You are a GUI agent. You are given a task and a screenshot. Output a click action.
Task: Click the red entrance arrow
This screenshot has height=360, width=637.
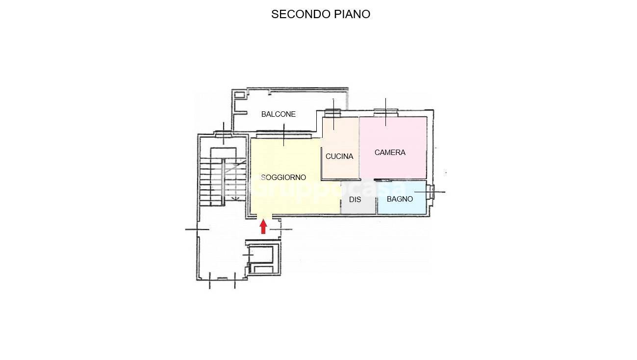[x=263, y=227]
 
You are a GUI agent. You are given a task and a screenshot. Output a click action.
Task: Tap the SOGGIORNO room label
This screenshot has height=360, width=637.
[x=283, y=178]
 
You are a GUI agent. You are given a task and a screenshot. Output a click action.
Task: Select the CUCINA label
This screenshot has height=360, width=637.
[x=339, y=156]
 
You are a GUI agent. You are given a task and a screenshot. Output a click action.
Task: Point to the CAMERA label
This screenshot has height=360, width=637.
[x=390, y=153]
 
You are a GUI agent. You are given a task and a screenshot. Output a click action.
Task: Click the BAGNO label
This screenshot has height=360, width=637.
[x=400, y=199]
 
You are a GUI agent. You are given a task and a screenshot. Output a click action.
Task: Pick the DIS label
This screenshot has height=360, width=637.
[x=355, y=200]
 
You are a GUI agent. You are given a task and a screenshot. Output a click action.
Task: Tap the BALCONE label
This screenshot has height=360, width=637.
[x=279, y=114]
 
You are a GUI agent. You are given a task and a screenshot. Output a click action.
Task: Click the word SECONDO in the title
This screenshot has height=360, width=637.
[x=301, y=14]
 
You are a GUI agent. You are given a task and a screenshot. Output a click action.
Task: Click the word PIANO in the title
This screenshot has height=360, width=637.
[x=352, y=14]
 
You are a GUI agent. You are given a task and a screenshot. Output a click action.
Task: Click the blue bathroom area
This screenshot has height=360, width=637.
[x=402, y=197]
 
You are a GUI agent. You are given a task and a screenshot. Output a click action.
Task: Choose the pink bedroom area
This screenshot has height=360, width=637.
[x=393, y=148]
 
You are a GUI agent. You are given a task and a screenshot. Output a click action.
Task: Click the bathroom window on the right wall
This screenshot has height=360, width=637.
[x=432, y=192]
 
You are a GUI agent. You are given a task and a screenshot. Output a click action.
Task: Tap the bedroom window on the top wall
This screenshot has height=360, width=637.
[x=385, y=113]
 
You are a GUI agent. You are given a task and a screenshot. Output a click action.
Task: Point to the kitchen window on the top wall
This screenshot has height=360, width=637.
[x=332, y=113]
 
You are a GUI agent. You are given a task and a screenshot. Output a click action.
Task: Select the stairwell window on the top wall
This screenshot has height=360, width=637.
[x=224, y=133]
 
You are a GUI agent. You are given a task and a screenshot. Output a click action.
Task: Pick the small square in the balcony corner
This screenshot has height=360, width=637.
[x=239, y=94]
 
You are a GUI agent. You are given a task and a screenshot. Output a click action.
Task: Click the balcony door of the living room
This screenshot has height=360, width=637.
[x=283, y=134]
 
